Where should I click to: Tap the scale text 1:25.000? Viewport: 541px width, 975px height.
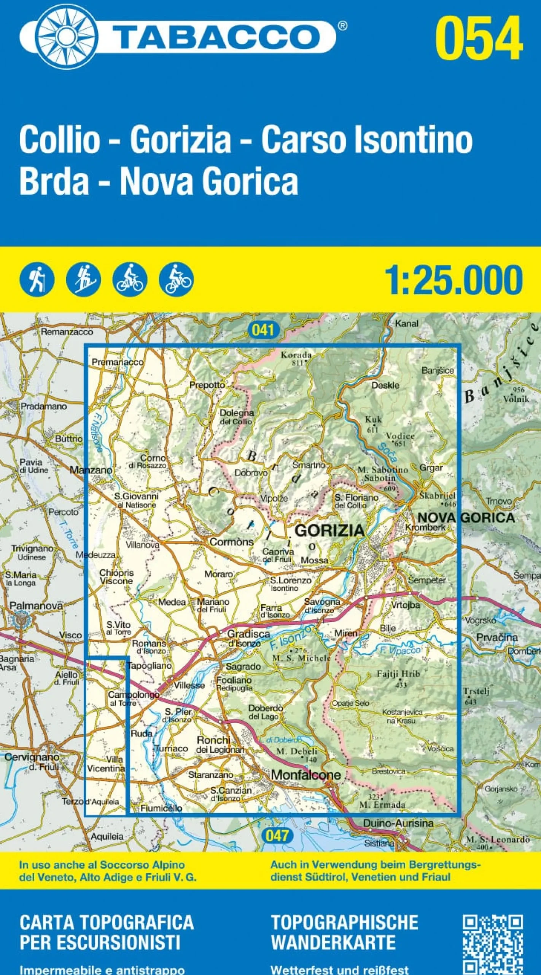(x=453, y=280)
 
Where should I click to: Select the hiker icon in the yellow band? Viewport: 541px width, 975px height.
(x=37, y=280)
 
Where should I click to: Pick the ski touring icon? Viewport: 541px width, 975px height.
(x=83, y=280)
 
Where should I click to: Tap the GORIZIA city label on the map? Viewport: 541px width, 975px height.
(x=329, y=530)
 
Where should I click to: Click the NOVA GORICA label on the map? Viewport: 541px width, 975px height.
(x=466, y=517)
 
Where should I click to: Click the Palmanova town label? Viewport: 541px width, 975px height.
(x=36, y=606)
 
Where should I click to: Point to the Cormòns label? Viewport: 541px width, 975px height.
(x=231, y=542)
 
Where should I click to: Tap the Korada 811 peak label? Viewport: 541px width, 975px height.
(x=296, y=358)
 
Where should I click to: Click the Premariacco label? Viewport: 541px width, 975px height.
(x=118, y=362)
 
